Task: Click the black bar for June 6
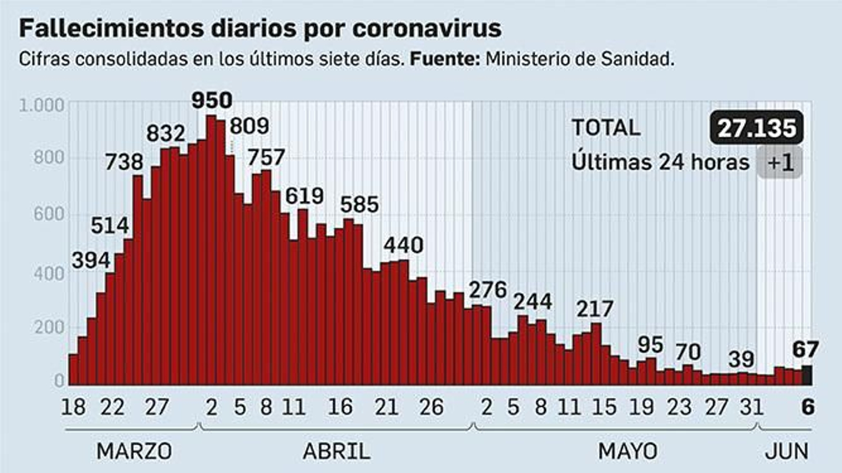click(x=806, y=375)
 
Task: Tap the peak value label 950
click(x=212, y=100)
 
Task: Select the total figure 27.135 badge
click(x=756, y=128)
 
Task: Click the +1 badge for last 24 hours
click(x=779, y=162)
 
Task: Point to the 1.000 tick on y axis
click(x=42, y=105)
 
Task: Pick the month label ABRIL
click(x=336, y=451)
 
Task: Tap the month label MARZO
click(x=134, y=451)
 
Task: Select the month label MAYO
click(x=627, y=451)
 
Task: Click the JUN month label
click(x=786, y=451)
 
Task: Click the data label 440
click(x=403, y=245)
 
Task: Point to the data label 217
click(x=595, y=309)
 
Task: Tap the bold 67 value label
click(x=805, y=349)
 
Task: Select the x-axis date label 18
click(x=73, y=407)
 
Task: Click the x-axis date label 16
click(x=340, y=407)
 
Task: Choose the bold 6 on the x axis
click(x=807, y=407)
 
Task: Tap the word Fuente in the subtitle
click(x=444, y=59)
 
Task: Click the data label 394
click(x=91, y=260)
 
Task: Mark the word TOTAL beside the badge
click(x=606, y=128)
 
